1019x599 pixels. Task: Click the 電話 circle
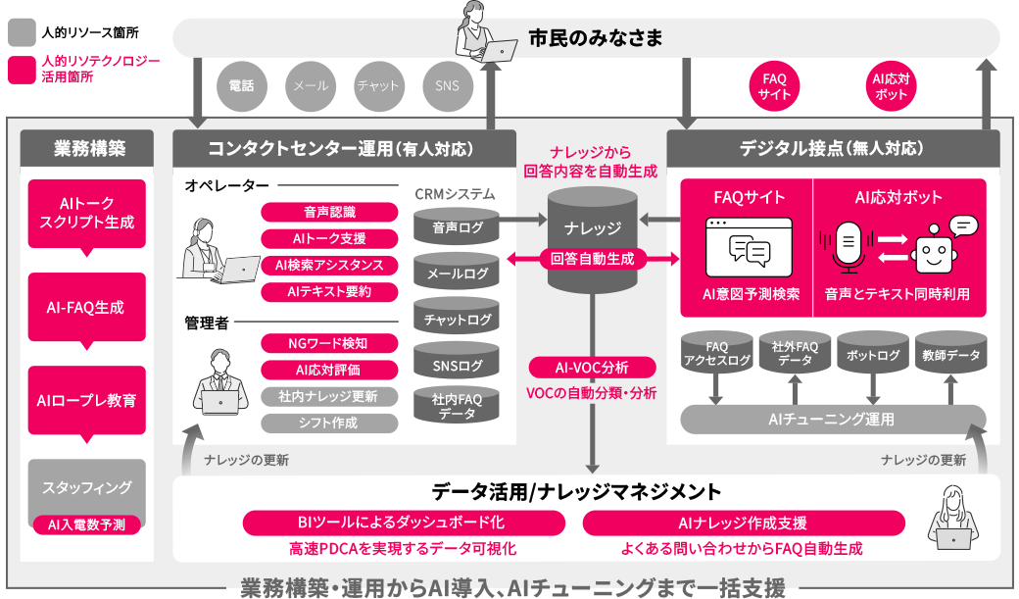tap(241, 86)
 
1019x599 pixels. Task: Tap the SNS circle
tap(447, 86)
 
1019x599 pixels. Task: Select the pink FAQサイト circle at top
tap(775, 86)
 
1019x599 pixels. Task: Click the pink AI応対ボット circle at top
tap(890, 86)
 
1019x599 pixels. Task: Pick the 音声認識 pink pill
tap(329, 212)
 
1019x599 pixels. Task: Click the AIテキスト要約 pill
tap(329, 292)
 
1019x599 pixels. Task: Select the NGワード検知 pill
tap(329, 343)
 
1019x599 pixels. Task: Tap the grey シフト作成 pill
tap(329, 424)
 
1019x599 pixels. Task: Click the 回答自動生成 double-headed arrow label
tap(592, 260)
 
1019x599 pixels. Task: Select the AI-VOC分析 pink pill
tap(592, 368)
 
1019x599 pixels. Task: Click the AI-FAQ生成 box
tap(86, 308)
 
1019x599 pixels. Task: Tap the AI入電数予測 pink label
tap(86, 524)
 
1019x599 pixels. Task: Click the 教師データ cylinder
tap(950, 356)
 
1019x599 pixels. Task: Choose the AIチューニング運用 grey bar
tap(833, 420)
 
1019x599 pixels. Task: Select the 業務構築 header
tap(86, 149)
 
